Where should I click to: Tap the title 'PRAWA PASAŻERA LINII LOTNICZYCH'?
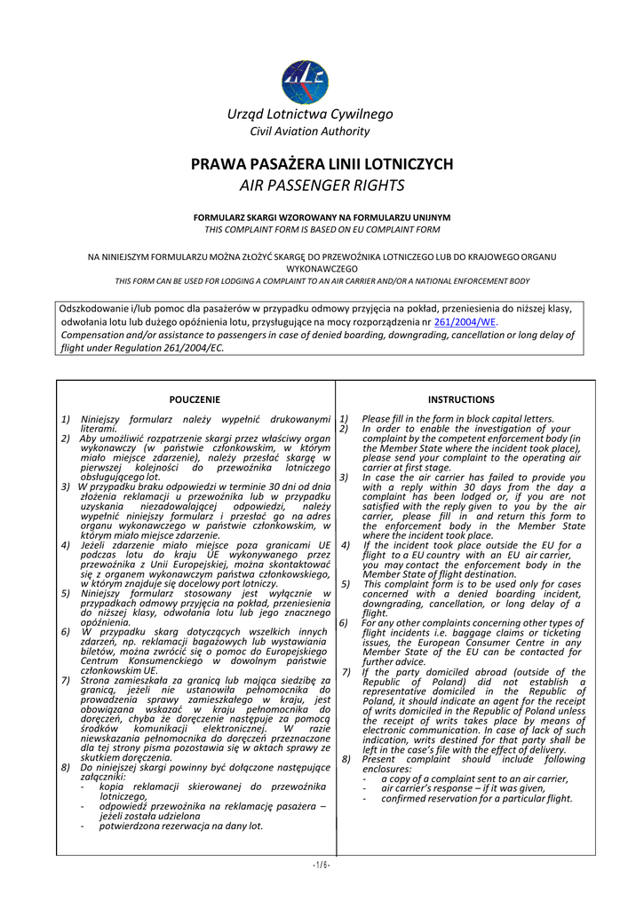click(x=322, y=165)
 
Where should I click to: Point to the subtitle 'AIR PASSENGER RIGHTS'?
click(x=322, y=186)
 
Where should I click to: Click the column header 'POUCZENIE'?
click(x=195, y=399)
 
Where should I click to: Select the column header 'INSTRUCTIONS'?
click(x=460, y=399)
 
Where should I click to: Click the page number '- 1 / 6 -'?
click(x=322, y=865)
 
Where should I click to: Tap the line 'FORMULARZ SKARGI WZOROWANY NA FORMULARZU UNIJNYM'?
click(x=322, y=217)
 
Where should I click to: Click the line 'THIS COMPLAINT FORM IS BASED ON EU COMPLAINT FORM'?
click(x=322, y=229)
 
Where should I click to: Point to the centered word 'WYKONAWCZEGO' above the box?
click(x=322, y=268)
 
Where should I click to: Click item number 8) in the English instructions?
click(x=345, y=760)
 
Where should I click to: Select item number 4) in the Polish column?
click(x=66, y=545)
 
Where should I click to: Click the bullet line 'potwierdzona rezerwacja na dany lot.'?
click(x=181, y=826)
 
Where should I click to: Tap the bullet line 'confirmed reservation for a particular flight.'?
click(x=477, y=798)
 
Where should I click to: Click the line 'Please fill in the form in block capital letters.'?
click(x=457, y=419)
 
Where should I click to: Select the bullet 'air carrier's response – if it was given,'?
click(x=463, y=788)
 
